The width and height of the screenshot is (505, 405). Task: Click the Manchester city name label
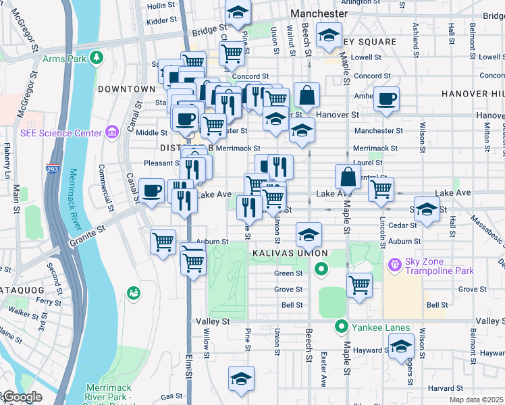[x=319, y=13]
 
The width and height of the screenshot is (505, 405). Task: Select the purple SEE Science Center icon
[x=112, y=132]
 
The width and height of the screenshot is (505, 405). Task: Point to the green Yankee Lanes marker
[x=342, y=327]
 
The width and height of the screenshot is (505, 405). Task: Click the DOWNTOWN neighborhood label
[x=126, y=89]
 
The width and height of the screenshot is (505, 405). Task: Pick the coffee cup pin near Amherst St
[x=386, y=99]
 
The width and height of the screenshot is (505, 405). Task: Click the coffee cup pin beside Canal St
[x=151, y=191]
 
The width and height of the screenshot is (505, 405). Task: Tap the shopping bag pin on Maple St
[x=348, y=178]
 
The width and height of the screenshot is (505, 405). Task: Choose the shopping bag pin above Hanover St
[x=307, y=96]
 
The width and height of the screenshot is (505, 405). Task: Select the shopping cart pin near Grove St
[x=359, y=283]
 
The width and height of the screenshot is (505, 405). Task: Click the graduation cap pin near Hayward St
[x=400, y=346]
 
